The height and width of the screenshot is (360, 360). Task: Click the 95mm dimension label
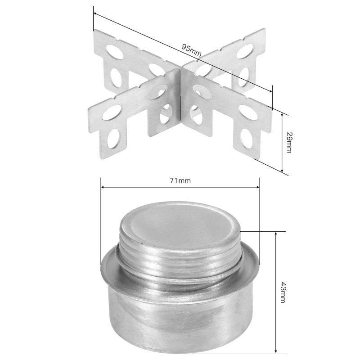coord(191,50)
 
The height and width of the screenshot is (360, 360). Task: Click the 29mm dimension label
coord(289,142)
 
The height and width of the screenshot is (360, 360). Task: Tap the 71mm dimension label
coord(180,181)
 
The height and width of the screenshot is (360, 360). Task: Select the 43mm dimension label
coord(283,293)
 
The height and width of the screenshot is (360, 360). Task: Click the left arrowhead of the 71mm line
coord(103,187)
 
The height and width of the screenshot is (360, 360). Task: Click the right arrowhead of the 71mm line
coord(257,187)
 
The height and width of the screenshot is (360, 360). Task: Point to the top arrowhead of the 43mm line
coord(276,234)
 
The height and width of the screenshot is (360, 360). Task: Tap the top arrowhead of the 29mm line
coord(282,115)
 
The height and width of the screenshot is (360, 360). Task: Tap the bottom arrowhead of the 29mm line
coord(282,170)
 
